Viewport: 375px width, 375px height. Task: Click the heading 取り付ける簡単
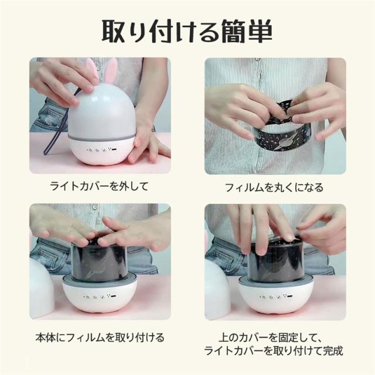coord(187,31)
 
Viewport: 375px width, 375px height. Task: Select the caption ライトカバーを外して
coord(100,186)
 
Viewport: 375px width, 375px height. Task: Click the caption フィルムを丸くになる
coord(275,187)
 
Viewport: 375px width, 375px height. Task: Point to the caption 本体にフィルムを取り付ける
coord(100,337)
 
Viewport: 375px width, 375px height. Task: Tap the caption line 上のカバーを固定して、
coord(271,337)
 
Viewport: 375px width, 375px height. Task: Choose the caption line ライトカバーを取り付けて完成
coord(274,350)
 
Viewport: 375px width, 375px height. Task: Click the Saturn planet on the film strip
coord(284,143)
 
